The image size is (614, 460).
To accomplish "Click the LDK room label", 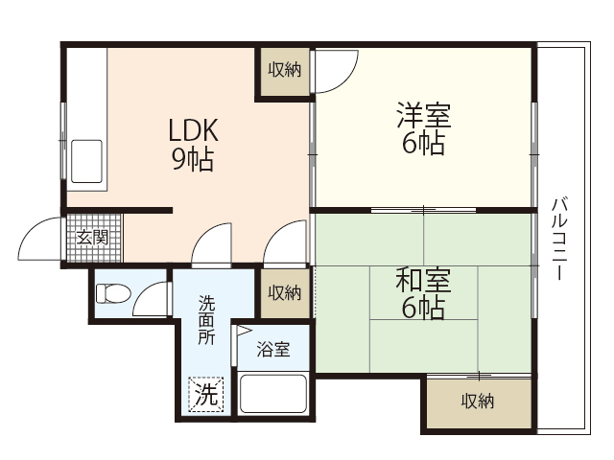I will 195,129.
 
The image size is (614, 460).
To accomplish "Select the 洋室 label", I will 423,117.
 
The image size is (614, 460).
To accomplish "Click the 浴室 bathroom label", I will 272,349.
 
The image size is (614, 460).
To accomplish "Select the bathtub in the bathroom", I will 272,393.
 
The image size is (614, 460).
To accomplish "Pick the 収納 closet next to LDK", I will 284,70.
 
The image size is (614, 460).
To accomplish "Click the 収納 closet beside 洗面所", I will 285,292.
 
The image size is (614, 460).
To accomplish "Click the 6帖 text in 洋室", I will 423,146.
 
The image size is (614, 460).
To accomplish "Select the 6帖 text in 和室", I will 423,309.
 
